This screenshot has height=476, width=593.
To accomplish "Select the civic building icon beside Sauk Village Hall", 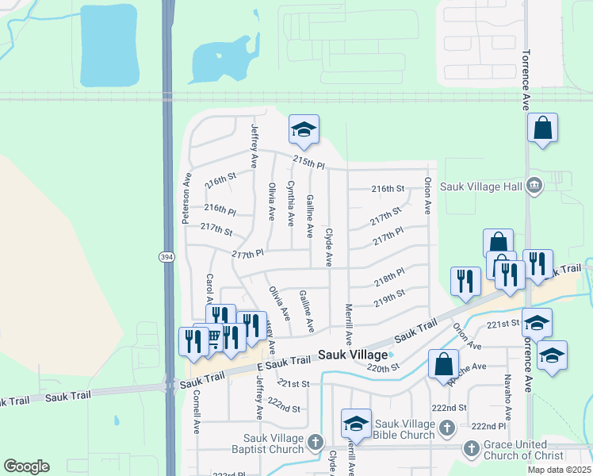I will click(534, 186).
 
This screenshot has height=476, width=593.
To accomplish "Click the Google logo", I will click(26, 466).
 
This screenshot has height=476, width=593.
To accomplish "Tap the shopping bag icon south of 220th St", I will click(444, 364).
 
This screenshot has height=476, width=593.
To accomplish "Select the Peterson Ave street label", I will click(187, 198).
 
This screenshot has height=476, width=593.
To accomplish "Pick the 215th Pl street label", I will click(308, 162).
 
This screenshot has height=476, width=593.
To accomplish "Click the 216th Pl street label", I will click(220, 209).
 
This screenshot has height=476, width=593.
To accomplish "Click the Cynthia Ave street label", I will click(290, 201).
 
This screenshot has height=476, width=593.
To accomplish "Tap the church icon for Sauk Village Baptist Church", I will click(316, 441).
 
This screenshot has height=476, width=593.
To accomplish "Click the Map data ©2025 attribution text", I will click(559, 470).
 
